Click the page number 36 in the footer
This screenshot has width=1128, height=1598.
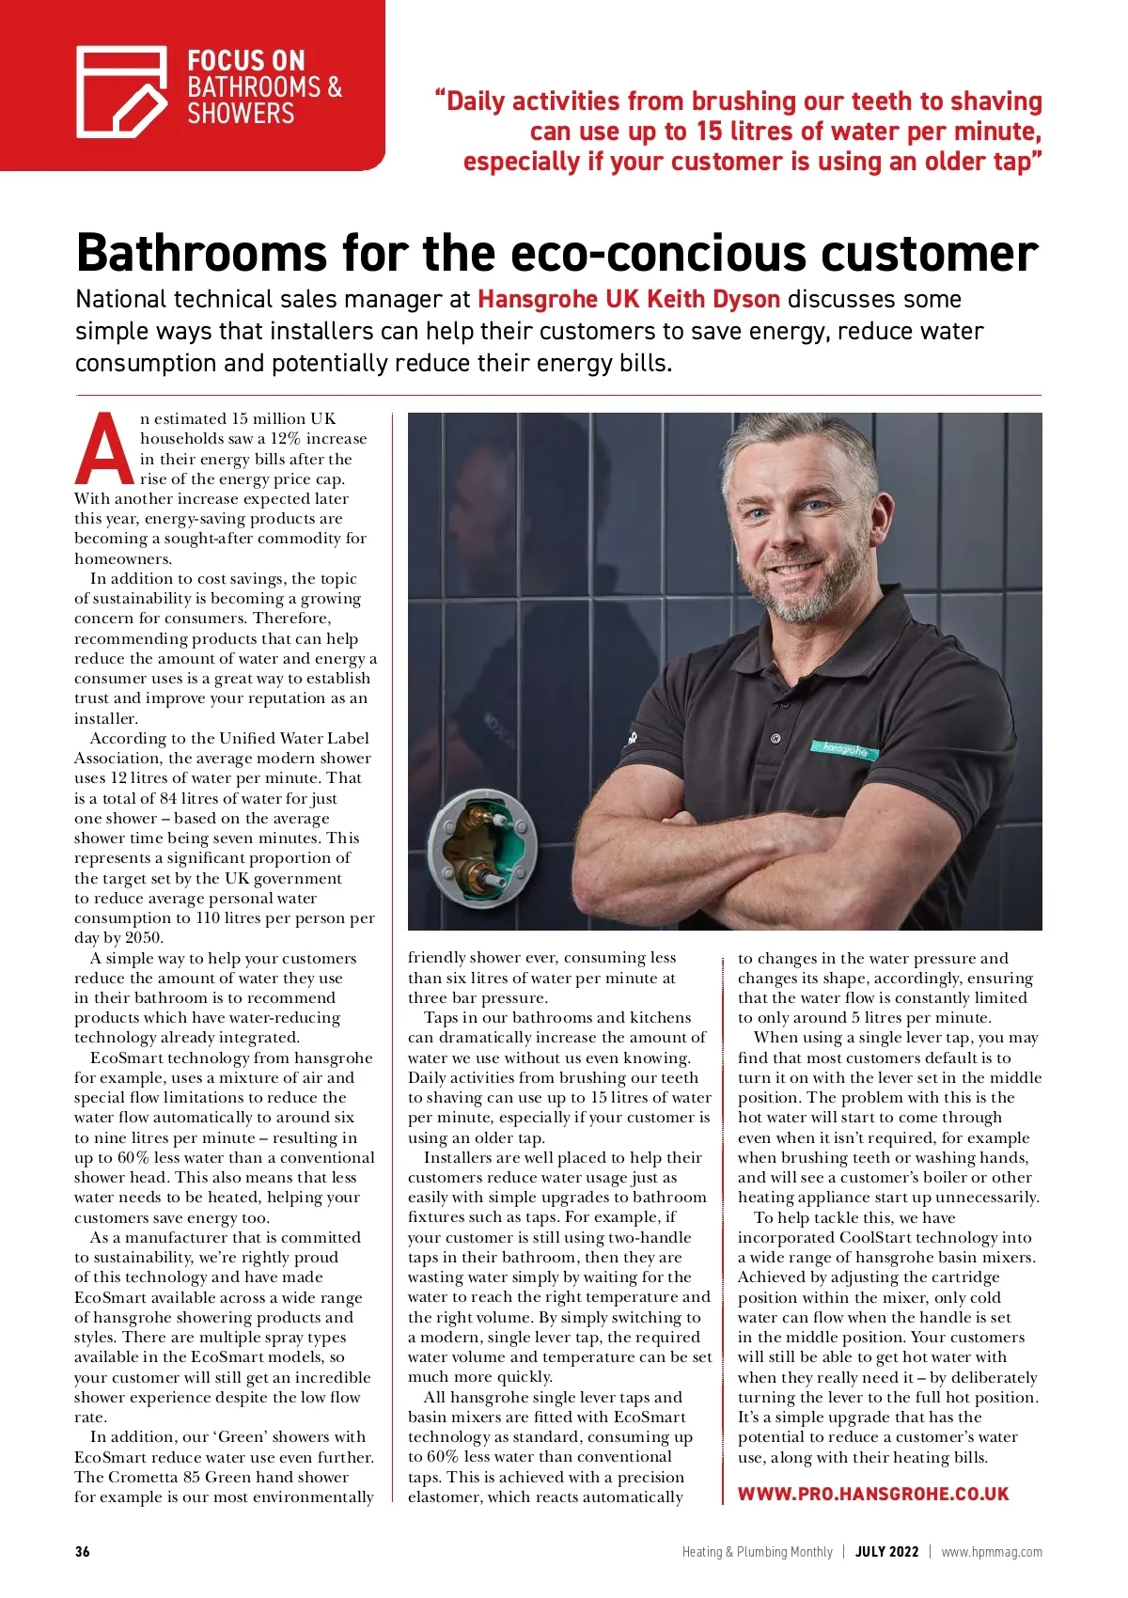coord(83,1552)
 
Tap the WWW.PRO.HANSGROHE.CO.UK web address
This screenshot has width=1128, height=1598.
coord(873,1494)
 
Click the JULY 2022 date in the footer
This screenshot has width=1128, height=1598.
coord(886,1552)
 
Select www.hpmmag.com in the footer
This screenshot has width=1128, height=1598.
coord(992,1552)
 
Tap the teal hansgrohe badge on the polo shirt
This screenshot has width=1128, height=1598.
coord(845,750)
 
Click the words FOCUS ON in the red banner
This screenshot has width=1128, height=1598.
coord(246,61)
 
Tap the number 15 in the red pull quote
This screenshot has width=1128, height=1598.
coord(709,132)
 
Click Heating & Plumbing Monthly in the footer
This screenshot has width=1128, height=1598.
coord(757,1552)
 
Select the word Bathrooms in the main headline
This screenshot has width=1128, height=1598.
coord(201,253)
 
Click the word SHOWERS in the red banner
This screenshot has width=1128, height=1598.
coord(241,115)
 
